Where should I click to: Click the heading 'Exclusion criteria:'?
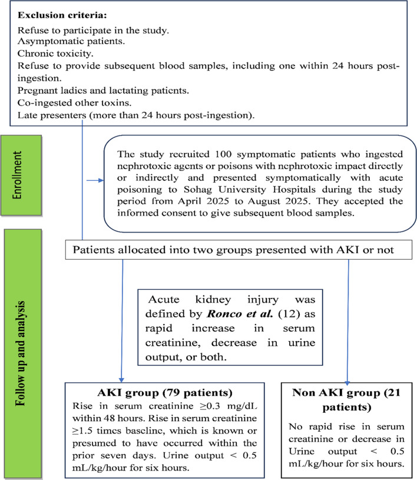62,12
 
